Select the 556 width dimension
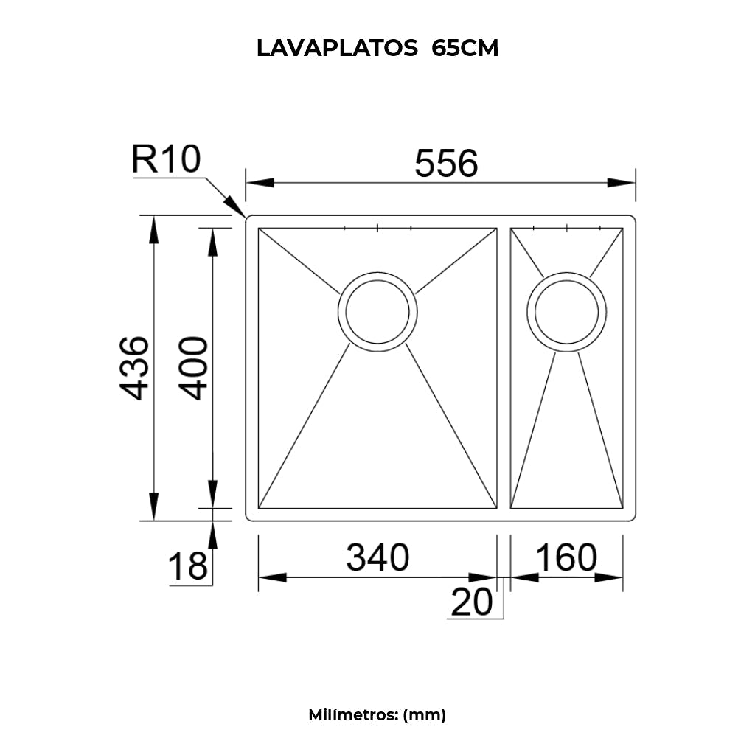coord(446,163)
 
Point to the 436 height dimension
coord(135,368)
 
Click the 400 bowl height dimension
coord(194,368)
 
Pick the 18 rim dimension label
coord(187,567)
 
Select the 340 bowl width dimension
coord(377,558)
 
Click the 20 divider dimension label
coord(471,602)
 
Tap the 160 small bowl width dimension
coord(566,558)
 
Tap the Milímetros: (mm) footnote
coord(377,714)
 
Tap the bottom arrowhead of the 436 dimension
coord(153,507)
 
